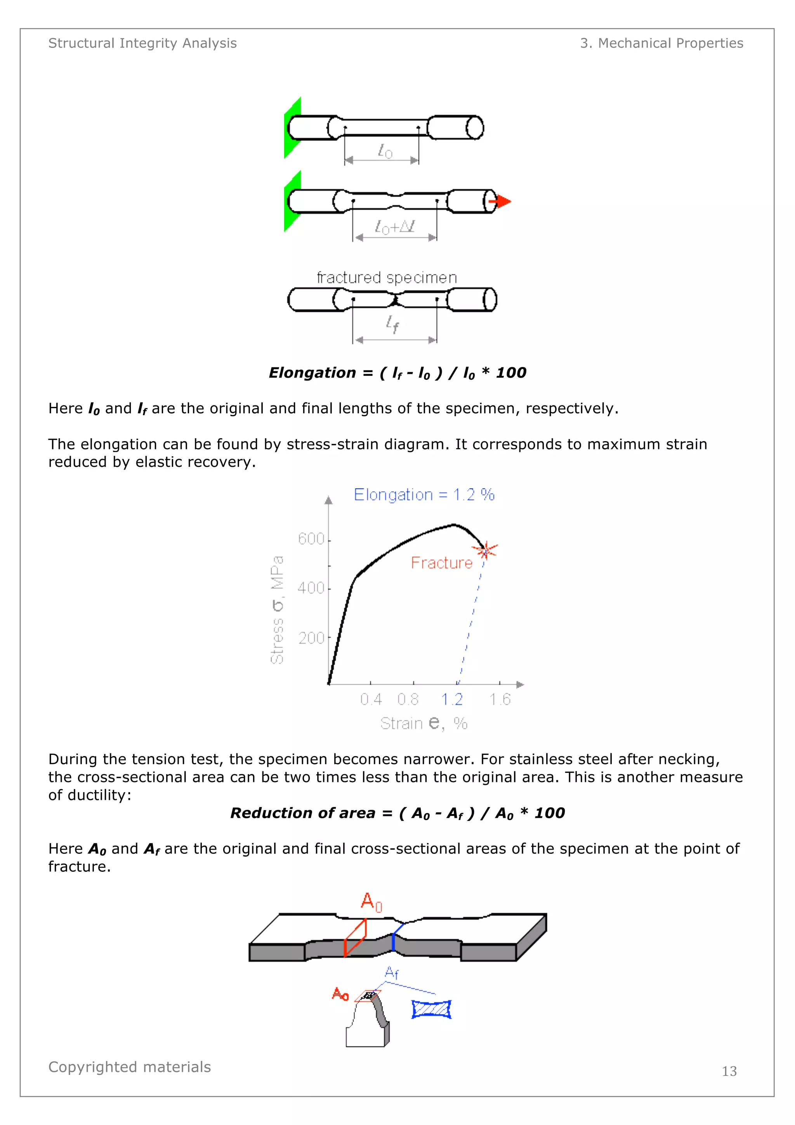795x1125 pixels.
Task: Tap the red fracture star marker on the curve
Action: (486, 551)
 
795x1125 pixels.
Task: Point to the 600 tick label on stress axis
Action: (311, 539)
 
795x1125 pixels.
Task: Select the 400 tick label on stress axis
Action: (311, 588)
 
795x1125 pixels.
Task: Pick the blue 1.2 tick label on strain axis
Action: (451, 699)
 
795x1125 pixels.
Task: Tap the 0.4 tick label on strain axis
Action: (371, 699)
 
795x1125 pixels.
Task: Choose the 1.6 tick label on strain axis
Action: (500, 699)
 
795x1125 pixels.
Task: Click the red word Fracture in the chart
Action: (441, 562)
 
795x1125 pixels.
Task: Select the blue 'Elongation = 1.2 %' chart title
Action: (424, 494)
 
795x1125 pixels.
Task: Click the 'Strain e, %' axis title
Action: (424, 723)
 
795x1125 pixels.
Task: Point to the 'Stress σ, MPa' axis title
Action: (277, 610)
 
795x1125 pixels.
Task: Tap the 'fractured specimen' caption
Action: (387, 278)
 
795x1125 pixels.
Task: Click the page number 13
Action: (729, 1071)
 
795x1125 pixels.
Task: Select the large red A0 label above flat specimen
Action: (371, 902)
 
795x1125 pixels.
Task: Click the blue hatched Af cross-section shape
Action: (431, 1009)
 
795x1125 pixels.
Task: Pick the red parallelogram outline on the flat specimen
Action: (355, 938)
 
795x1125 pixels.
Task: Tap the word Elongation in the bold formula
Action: (312, 373)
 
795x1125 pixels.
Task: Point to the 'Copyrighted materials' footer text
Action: (130, 1067)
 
